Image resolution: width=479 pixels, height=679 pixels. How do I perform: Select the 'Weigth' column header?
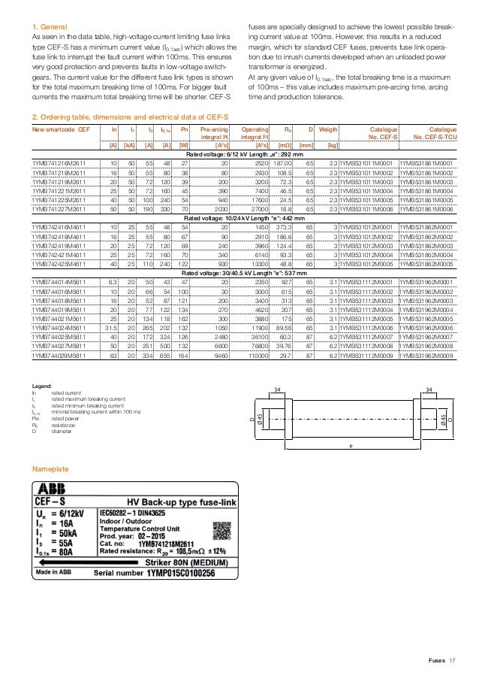328,129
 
